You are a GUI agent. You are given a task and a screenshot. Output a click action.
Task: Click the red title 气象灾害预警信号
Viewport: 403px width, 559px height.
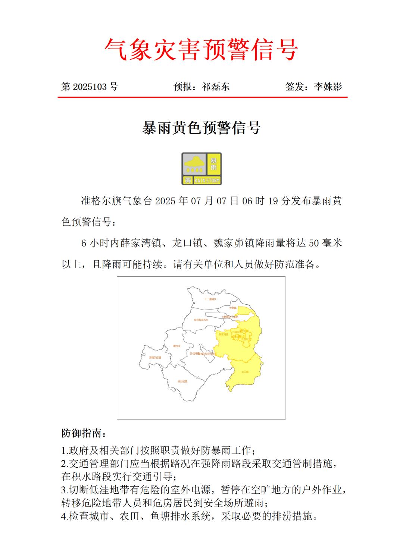(x=201, y=50)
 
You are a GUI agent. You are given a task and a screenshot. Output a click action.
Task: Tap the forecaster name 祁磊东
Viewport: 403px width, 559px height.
(x=216, y=87)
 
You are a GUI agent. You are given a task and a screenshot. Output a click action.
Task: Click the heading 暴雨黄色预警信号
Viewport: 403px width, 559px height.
(x=201, y=128)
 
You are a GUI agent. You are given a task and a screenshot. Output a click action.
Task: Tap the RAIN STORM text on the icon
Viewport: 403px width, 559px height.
(x=207, y=180)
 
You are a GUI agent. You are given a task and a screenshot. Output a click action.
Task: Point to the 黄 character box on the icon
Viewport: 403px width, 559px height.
(x=187, y=180)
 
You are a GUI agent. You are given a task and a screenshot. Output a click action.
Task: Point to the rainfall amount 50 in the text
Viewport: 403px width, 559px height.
(x=314, y=244)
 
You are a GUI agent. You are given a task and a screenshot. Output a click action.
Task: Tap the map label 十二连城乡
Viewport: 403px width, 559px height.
(x=210, y=299)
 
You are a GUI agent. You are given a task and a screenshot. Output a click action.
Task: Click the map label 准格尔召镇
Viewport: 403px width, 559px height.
(x=155, y=357)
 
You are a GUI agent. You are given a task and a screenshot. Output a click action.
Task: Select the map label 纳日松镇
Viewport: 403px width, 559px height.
(x=182, y=381)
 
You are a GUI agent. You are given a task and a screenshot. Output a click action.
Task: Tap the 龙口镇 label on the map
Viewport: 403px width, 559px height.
(x=245, y=372)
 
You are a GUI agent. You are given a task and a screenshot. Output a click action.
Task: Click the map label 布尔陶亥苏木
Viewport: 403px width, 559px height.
(x=201, y=320)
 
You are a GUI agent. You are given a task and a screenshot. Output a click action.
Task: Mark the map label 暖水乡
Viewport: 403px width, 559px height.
(x=176, y=346)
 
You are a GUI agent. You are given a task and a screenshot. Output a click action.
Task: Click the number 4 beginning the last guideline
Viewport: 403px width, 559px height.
(x=63, y=517)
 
